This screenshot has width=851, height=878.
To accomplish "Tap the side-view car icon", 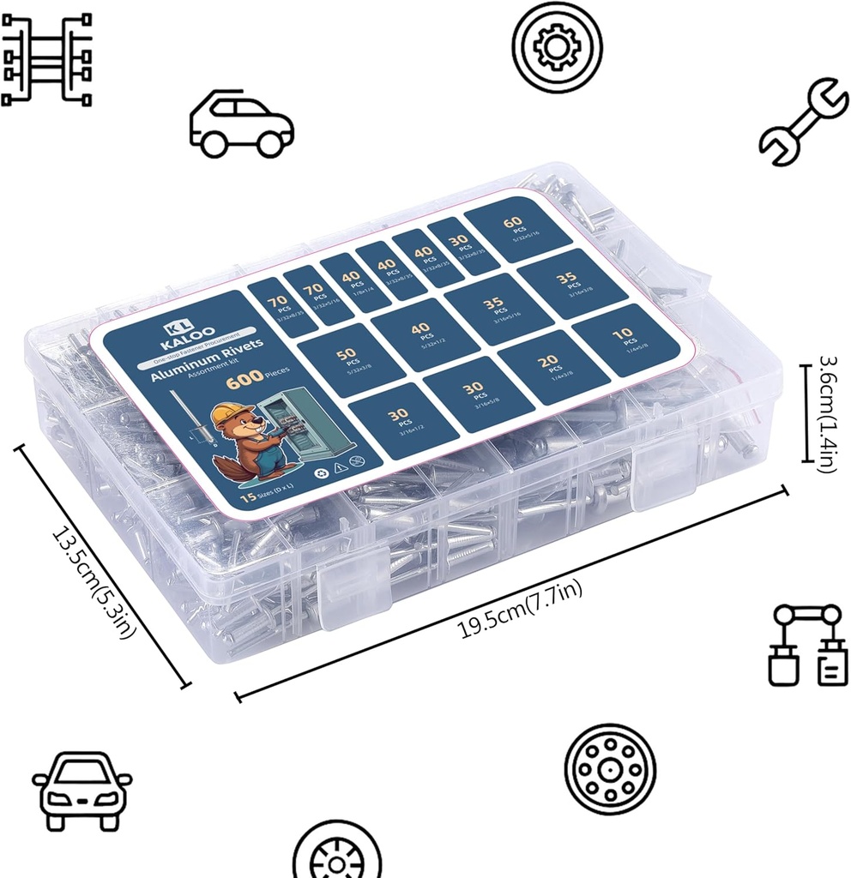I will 241,125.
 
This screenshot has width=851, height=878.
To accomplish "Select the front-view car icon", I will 82,791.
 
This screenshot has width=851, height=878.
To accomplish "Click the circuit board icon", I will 46,58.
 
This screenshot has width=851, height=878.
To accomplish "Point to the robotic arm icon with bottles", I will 806,644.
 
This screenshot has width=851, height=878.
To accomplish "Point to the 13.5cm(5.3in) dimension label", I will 95,583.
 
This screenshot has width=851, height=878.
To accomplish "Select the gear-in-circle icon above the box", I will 557,47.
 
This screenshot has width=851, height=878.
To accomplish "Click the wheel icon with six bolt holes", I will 610,765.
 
